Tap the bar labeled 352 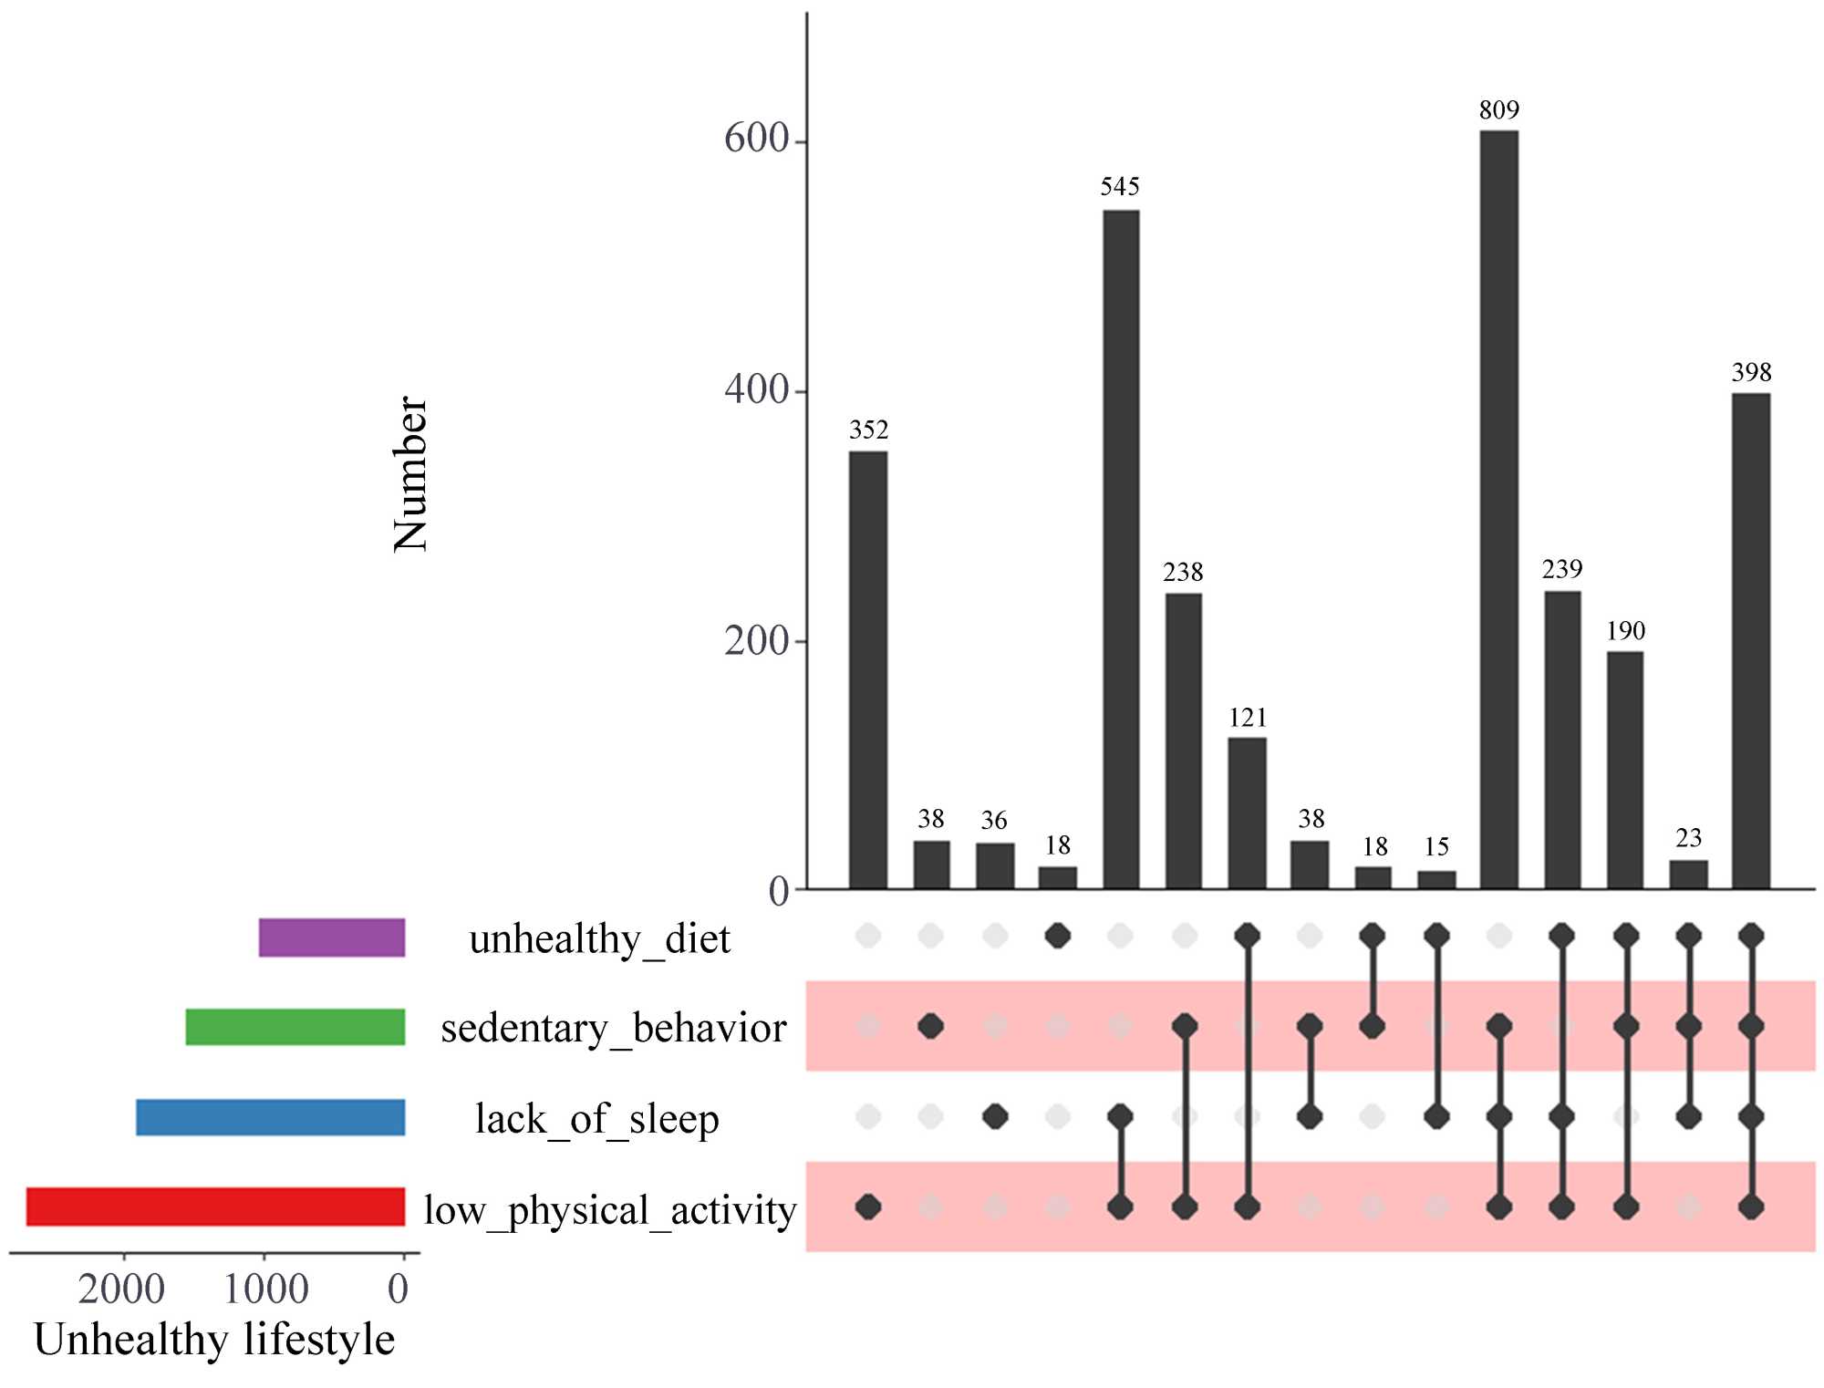[x=867, y=669]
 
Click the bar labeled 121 [x=1247, y=813]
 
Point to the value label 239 [x=1561, y=570]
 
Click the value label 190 [x=1625, y=631]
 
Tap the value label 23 [x=1688, y=838]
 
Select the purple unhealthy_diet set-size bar [x=332, y=937]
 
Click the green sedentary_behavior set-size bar [x=295, y=1027]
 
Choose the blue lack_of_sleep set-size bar [x=271, y=1117]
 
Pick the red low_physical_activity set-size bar [x=215, y=1207]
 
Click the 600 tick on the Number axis [x=756, y=139]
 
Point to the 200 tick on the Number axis [x=756, y=641]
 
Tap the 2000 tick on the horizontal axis [x=122, y=1289]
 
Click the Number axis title [x=410, y=474]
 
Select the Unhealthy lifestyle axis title [x=214, y=1340]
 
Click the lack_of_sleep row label [x=597, y=1119]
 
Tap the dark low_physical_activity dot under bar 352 [x=868, y=1207]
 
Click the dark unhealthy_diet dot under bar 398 [x=1751, y=936]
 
